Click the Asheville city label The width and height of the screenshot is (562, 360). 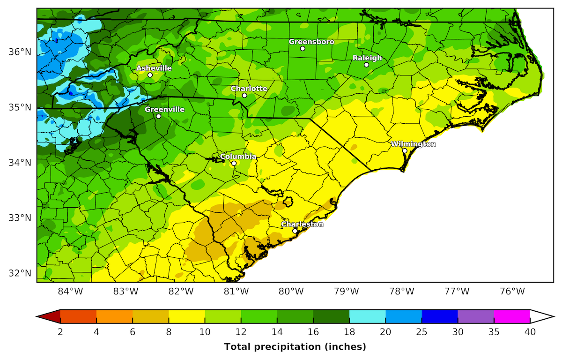click(154, 68)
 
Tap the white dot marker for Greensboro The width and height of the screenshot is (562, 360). click(303, 48)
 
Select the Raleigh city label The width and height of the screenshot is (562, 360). click(367, 58)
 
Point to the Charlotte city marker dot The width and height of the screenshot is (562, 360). click(244, 95)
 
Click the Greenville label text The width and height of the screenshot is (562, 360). click(164, 109)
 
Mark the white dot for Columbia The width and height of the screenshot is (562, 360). click(234, 163)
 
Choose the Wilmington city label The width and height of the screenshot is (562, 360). click(413, 144)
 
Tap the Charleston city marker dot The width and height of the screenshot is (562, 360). click(295, 231)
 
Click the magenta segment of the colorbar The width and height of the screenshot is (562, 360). click(512, 317)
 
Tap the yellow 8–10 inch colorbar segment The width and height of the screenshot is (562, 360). click(187, 317)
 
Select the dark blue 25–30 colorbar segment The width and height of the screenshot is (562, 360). click(440, 317)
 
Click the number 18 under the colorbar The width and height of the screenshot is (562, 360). click(349, 332)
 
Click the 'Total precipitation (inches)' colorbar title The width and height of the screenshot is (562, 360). click(295, 347)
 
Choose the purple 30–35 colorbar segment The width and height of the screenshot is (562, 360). click(476, 317)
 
